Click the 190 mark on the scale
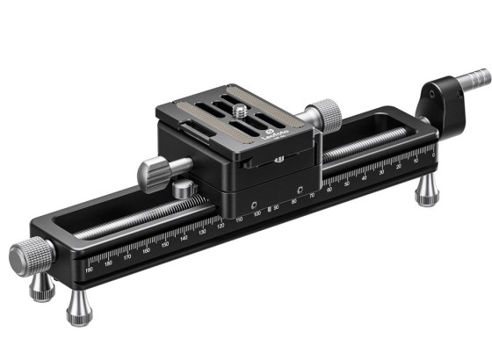(x=90, y=268)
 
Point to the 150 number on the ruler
(x=165, y=245)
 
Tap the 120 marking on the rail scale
(x=221, y=227)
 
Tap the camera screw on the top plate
(x=243, y=112)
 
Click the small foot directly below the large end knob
(x=41, y=287)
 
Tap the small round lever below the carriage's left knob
(x=184, y=189)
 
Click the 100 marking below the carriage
(x=257, y=213)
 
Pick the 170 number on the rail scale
(x=127, y=256)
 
